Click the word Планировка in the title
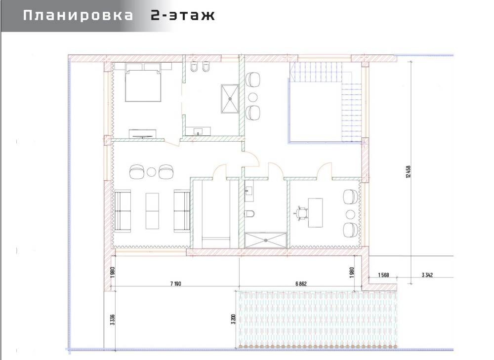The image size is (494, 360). click(x=78, y=15)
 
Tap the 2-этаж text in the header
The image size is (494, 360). click(x=183, y=15)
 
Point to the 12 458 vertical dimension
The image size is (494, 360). click(x=409, y=172)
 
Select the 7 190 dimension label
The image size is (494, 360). click(x=175, y=284)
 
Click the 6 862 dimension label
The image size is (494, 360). click(x=301, y=284)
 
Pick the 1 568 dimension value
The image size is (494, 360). click(x=383, y=275)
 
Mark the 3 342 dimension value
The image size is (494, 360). click(x=427, y=275)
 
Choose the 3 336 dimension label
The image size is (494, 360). click(x=113, y=320)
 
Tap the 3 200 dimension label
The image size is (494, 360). click(x=234, y=319)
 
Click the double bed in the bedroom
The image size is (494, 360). click(x=143, y=82)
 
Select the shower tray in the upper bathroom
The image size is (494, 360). click(x=230, y=99)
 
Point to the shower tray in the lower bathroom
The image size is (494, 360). click(x=266, y=240)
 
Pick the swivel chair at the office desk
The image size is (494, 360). click(x=301, y=213)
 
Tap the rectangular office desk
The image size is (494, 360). click(x=315, y=213)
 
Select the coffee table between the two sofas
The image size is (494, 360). click(x=153, y=211)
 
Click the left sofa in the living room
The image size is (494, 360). click(x=123, y=211)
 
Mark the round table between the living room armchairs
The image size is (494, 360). click(x=152, y=172)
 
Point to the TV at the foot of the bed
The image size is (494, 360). click(x=143, y=133)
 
